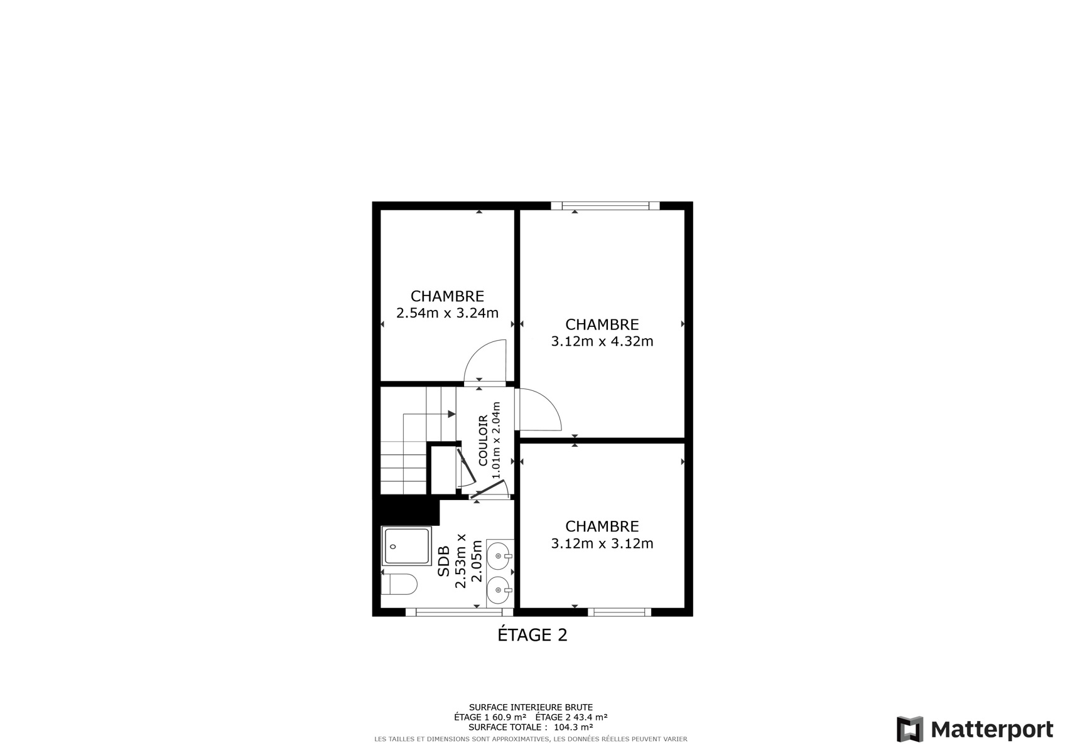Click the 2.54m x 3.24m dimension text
tap(447, 313)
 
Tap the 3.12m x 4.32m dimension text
tap(602, 341)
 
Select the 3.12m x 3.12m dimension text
tap(602, 543)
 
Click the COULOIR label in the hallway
tap(483, 440)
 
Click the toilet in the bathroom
tap(399, 584)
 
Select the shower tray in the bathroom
tap(406, 547)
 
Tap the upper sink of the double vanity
tap(499, 555)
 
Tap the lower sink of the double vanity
tap(499, 590)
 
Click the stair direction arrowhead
tap(451, 414)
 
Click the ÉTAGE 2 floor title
tap(532, 635)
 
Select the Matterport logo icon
tap(909, 729)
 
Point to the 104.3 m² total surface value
tap(573, 727)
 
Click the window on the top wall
tap(605, 206)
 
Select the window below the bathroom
tap(459, 612)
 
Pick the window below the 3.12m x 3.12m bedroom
tap(619, 612)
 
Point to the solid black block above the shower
tap(406, 511)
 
